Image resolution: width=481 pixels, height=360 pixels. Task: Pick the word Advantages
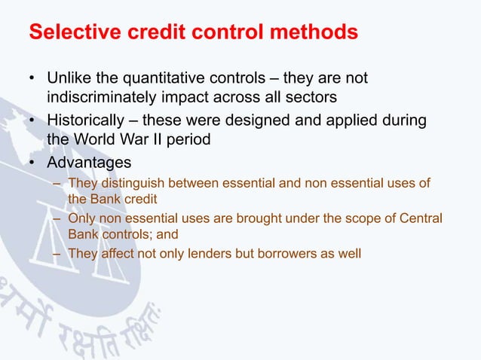click(x=89, y=162)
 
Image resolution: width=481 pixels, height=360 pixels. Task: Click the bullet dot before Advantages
click(x=32, y=163)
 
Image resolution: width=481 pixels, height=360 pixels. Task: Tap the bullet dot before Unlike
click(x=32, y=80)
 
